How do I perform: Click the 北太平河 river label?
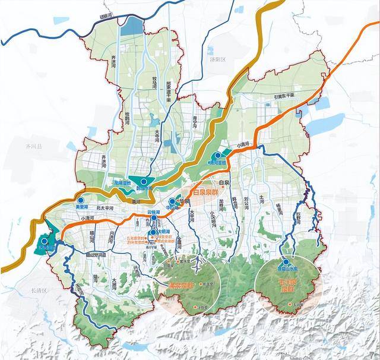tap(104, 207)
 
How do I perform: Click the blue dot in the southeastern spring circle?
tap(286, 261)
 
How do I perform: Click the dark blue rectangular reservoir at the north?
tap(134, 27)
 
